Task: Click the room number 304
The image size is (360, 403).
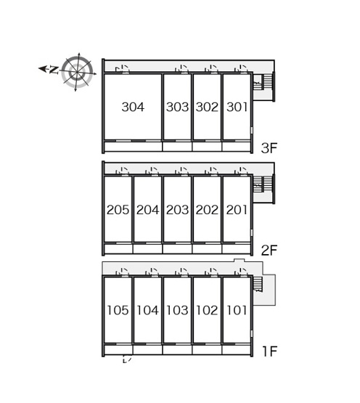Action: [133, 107]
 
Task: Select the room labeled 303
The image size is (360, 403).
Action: [177, 107]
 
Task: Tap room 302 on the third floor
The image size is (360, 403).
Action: [207, 107]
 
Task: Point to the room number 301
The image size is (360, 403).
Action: [237, 107]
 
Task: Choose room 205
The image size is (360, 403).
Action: [118, 210]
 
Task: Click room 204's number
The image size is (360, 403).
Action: [148, 210]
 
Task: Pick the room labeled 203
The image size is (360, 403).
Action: [177, 210]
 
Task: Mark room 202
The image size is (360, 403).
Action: [207, 210]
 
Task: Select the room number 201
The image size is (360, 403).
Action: [237, 210]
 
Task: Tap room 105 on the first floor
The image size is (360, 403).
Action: [118, 310]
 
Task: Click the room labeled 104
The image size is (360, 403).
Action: [148, 310]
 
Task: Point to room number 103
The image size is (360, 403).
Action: [177, 310]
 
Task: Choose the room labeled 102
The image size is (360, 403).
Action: [207, 310]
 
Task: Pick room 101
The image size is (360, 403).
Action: [237, 310]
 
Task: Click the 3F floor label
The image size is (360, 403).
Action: [269, 148]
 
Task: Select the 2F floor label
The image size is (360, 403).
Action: [269, 251]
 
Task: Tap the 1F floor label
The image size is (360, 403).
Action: [269, 351]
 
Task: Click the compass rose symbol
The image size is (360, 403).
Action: [77, 72]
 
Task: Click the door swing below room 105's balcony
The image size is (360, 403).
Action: [127, 359]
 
